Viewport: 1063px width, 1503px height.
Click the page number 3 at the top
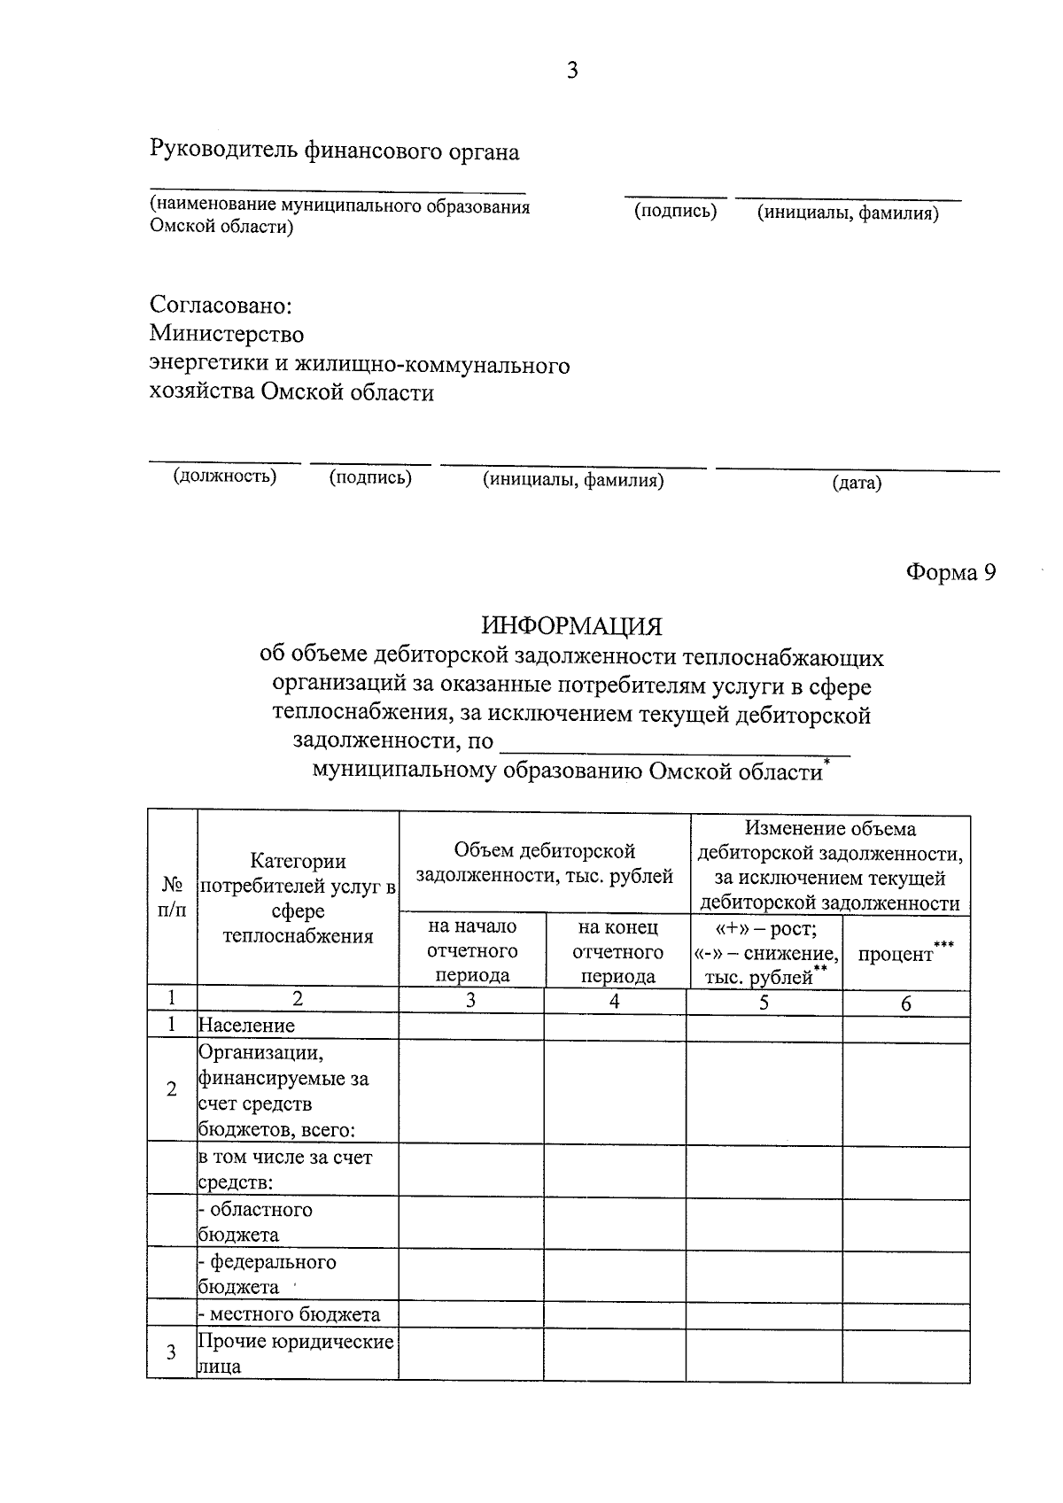572,71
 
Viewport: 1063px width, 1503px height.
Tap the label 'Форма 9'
950,573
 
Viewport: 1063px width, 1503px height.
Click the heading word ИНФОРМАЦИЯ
572,626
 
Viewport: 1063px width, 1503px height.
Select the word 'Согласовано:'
221,306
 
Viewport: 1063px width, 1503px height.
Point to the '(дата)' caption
857,483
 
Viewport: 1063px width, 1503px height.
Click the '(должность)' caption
224,476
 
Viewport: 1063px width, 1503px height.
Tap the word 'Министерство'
227,334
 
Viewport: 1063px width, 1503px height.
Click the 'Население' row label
247,1026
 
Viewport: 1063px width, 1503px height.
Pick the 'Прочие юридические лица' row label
296,1353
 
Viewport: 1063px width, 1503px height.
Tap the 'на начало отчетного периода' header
471,951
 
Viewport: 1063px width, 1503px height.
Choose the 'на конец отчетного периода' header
617,951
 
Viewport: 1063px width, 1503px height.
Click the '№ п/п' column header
172,896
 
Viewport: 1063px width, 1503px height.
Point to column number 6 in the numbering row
905,1003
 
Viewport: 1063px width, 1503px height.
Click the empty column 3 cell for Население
471,1027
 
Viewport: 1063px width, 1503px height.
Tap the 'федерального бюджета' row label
268,1274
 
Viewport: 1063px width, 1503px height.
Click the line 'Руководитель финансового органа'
335,151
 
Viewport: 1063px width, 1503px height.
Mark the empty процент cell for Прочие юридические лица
905,1353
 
